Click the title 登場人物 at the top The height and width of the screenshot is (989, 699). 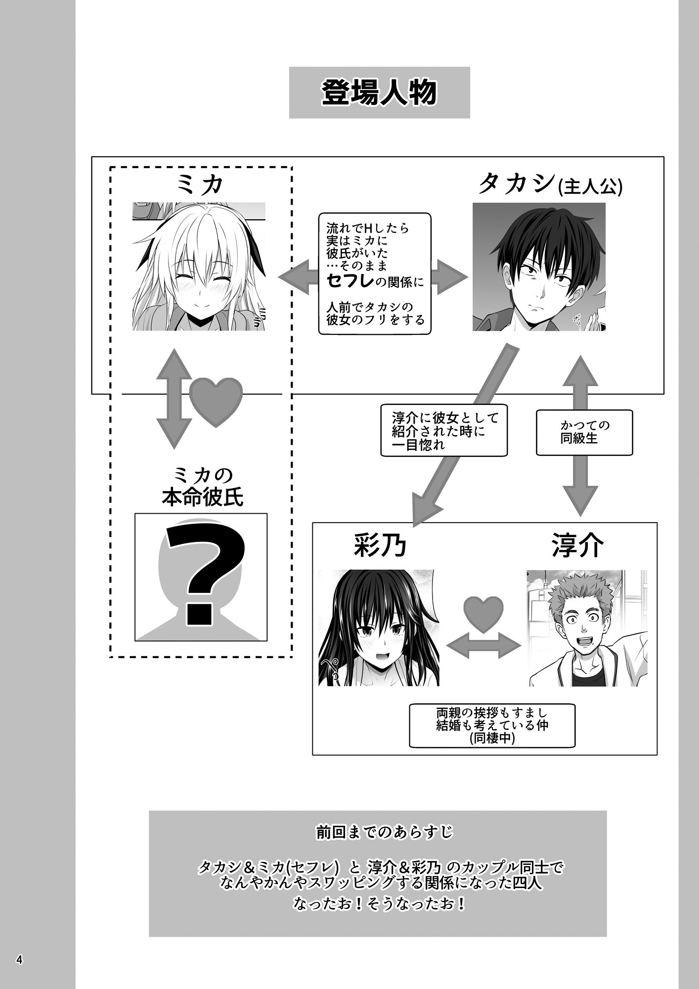pyautogui.click(x=379, y=92)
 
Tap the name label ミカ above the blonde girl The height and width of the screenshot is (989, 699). pyautogui.click(x=200, y=185)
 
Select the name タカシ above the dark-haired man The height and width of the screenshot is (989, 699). pyautogui.click(x=516, y=185)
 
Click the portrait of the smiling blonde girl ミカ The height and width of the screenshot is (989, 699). pyautogui.click(x=199, y=266)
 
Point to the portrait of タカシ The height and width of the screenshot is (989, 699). pyautogui.click(x=539, y=266)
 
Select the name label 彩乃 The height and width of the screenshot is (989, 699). pyautogui.click(x=379, y=547)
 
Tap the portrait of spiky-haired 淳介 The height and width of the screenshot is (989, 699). pyautogui.click(x=587, y=628)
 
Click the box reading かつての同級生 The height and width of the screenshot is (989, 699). pyautogui.click(x=584, y=432)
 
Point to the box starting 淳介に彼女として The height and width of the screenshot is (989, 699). pyautogui.click(x=444, y=430)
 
